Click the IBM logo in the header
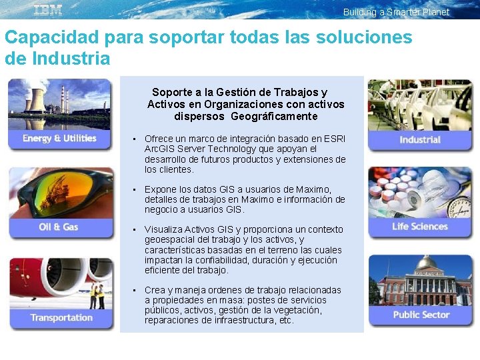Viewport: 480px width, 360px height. [48, 9]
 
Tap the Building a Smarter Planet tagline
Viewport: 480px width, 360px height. [396, 12]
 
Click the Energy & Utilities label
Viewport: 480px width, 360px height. [59, 138]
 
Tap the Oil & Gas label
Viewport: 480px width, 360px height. [59, 227]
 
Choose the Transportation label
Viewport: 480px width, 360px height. [61, 317]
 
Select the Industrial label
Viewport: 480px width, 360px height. [420, 139]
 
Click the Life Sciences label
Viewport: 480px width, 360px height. [420, 226]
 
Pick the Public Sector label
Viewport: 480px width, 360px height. [421, 315]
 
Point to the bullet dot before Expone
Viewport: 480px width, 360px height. [135, 189]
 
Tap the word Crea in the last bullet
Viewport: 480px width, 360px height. [155, 290]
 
